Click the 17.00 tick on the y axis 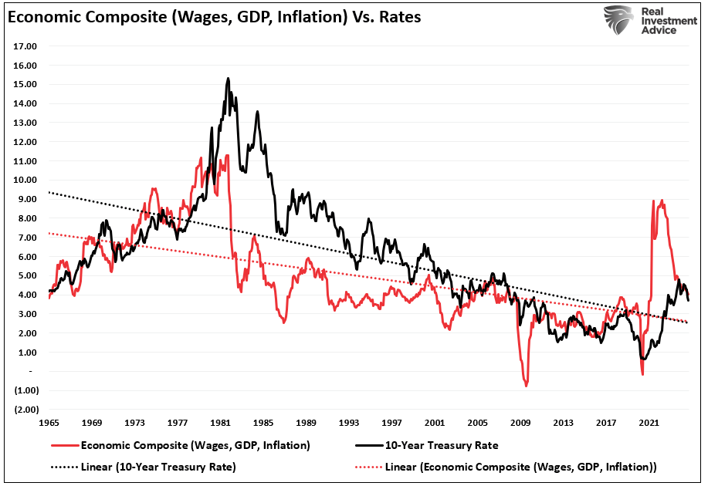25,46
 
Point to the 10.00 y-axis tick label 25,180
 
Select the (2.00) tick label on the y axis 25,410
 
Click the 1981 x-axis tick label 222,423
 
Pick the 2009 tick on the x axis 521,423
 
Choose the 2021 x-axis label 649,423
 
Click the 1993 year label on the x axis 350,423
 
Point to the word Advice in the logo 659,30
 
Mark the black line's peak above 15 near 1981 228,78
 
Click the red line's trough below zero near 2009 527,384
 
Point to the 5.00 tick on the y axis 25,275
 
